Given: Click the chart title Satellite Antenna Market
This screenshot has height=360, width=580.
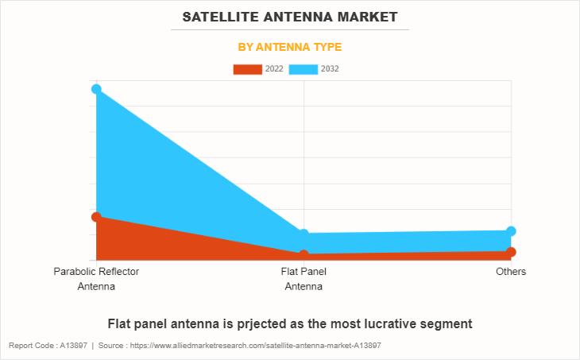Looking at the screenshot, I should pos(290,16).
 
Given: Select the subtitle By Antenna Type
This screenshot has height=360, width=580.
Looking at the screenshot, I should pos(290,47).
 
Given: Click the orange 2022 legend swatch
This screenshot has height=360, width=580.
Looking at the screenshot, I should pos(247,69).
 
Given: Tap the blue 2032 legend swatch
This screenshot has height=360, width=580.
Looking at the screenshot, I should pos(304,69).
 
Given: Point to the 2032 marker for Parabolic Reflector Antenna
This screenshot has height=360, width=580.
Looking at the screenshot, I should pos(96,89).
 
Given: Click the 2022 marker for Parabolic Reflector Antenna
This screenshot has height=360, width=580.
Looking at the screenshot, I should pos(96,217).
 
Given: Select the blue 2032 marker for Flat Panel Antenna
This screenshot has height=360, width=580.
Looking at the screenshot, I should pos(304,234).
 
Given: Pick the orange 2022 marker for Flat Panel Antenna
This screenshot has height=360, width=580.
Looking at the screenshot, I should pos(304,255).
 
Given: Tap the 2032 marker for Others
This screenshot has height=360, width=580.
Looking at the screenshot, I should pos(511,231).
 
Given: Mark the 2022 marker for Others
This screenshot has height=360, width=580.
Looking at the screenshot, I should pos(511,252).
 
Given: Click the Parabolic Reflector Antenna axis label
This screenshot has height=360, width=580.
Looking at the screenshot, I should pos(96,279).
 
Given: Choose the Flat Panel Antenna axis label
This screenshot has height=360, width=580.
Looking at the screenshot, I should pos(304,279).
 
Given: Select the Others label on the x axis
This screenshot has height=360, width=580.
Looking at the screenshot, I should pos(511,272).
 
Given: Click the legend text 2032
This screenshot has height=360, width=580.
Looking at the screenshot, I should pos(330,69).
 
